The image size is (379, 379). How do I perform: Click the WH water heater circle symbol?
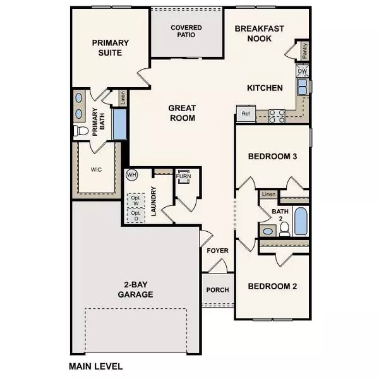[x=133, y=174]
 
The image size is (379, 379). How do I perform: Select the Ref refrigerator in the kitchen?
[x=244, y=114]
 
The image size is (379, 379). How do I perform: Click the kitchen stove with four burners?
[x=276, y=116]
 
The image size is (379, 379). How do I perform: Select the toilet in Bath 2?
[x=284, y=228]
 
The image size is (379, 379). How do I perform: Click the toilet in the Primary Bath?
[x=80, y=131]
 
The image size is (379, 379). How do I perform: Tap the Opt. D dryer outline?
[x=135, y=215]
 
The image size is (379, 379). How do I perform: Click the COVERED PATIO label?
[x=186, y=32]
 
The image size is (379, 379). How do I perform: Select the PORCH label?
[x=217, y=291]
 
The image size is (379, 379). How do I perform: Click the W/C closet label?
[x=96, y=169]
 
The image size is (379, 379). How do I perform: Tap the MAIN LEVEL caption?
[x=95, y=366]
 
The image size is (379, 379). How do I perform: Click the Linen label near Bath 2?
[x=268, y=194]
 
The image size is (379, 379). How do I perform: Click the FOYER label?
[x=217, y=251]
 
